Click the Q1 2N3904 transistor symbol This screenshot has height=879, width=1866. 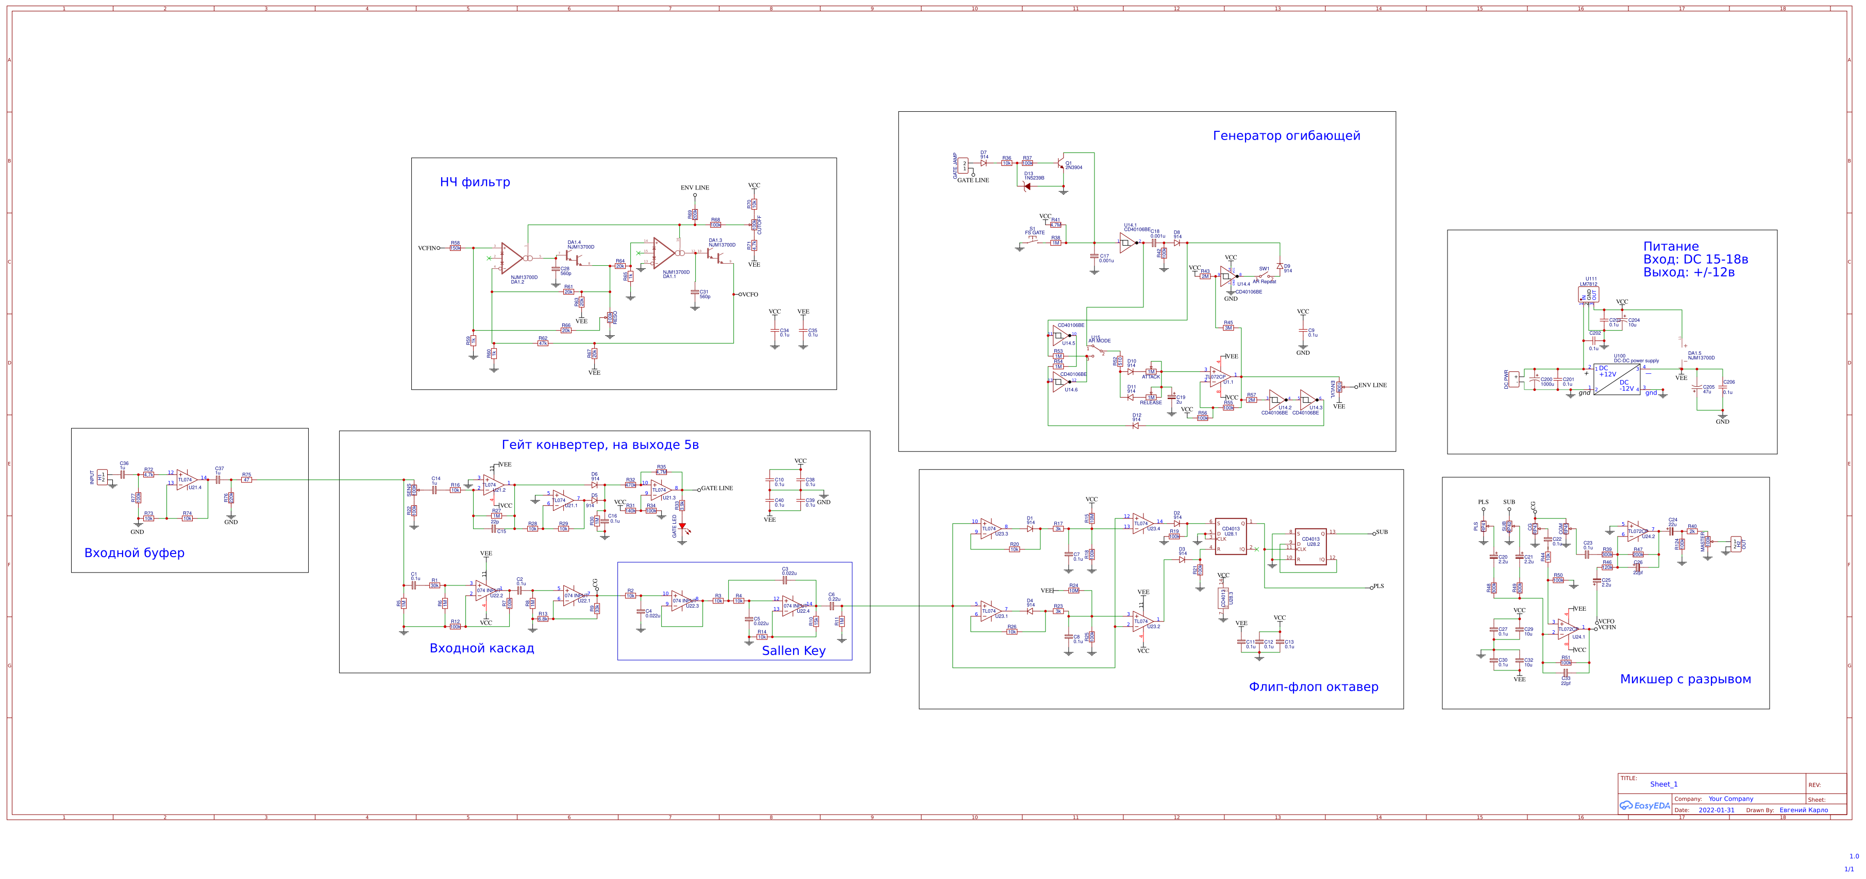1062,164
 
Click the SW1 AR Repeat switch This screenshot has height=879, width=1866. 1264,276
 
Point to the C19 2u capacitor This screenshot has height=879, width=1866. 1171,399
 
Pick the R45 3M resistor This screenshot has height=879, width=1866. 1229,328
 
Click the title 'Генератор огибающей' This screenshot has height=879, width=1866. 1286,136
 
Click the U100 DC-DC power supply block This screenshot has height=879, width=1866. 1618,380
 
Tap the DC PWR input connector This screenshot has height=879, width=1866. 1515,380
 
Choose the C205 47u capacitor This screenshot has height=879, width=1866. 1696,389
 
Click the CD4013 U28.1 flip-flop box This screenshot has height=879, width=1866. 1231,537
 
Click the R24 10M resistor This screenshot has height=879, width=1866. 1073,591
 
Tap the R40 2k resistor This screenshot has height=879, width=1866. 1692,531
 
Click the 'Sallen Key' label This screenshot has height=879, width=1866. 793,651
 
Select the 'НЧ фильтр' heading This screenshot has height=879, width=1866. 475,182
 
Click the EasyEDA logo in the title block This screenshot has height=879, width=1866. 1644,806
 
